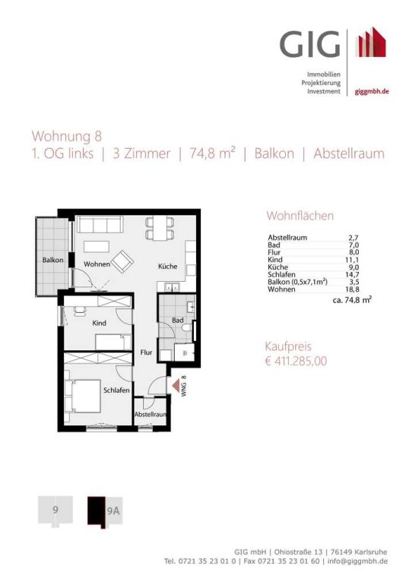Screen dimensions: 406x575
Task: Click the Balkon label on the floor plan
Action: pyautogui.click(x=53, y=260)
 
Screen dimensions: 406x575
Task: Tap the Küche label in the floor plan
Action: pyautogui.click(x=168, y=267)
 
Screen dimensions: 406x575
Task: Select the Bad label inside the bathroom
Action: pyautogui.click(x=178, y=321)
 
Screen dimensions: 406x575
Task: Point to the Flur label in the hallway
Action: pyautogui.click(x=146, y=352)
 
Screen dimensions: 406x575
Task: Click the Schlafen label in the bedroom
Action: pyautogui.click(x=116, y=390)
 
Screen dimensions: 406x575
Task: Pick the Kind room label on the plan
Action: pyautogui.click(x=99, y=323)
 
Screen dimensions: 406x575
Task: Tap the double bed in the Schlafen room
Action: pyautogui.click(x=83, y=396)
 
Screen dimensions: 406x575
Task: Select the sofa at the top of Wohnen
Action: pyautogui.click(x=100, y=225)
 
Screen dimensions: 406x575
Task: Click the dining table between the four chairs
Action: pyautogui.click(x=160, y=228)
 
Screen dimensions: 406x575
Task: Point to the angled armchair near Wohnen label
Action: pyautogui.click(x=122, y=261)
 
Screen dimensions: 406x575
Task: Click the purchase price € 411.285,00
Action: pyautogui.click(x=296, y=362)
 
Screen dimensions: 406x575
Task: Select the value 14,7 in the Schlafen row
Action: pyautogui.click(x=354, y=275)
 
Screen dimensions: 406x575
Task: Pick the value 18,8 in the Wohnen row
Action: pyautogui.click(x=354, y=289)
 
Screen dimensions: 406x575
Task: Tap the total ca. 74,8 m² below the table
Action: pyautogui.click(x=352, y=300)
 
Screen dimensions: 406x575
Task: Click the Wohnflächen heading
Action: pyautogui.click(x=300, y=216)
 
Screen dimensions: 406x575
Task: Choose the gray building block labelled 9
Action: pyautogui.click(x=56, y=510)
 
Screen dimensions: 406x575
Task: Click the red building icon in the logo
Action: pyautogui.click(x=373, y=42)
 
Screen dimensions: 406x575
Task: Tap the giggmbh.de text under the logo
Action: pyautogui.click(x=372, y=92)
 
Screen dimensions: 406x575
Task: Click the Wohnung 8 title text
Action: pyautogui.click(x=67, y=137)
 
